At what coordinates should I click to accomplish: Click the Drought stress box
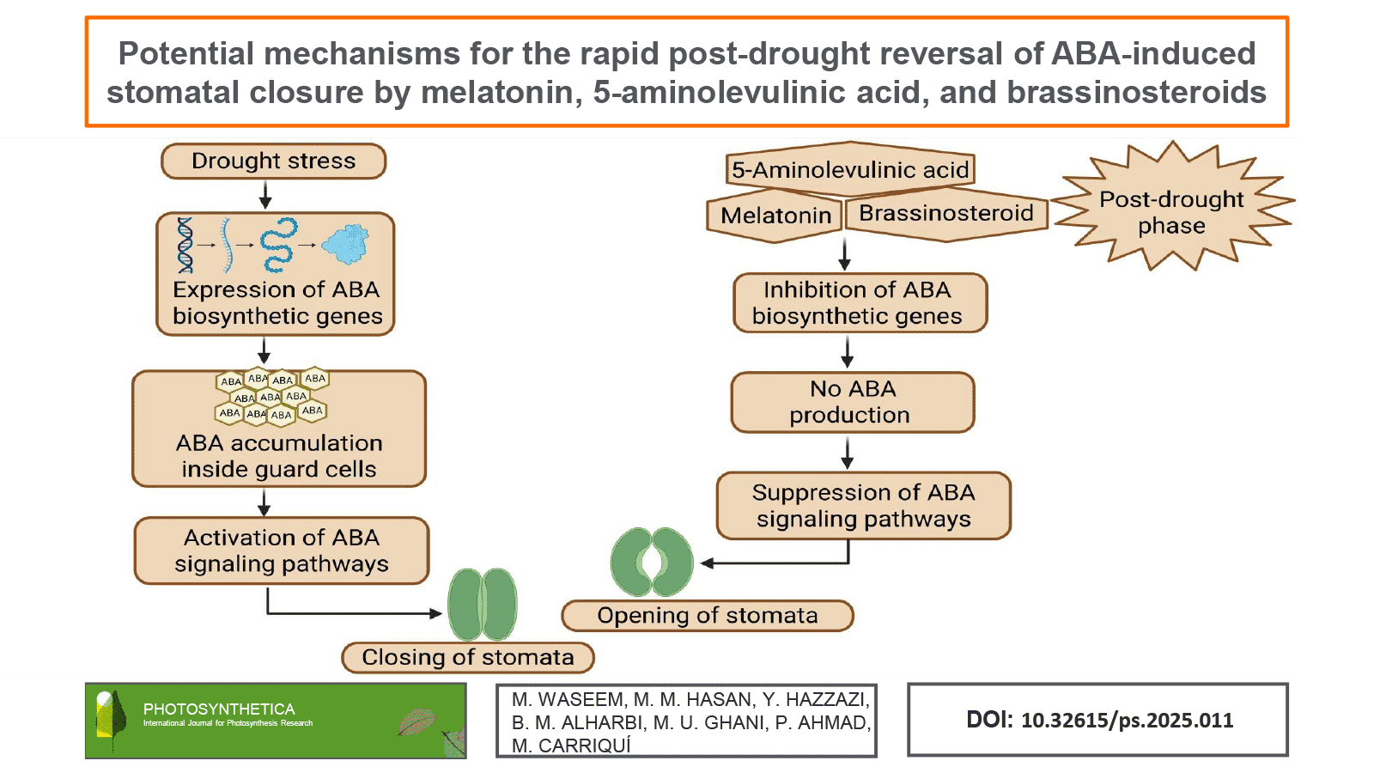273,161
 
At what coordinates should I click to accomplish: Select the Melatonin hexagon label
775,215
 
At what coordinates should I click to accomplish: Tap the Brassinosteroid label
945,213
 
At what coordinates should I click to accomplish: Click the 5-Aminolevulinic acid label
850,170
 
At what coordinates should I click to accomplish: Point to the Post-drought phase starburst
1171,211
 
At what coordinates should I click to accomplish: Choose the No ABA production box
852,402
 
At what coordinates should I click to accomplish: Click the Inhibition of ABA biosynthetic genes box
859,303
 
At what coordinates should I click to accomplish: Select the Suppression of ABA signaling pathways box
863,506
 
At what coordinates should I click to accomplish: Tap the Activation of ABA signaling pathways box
281,551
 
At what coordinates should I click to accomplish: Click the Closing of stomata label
467,658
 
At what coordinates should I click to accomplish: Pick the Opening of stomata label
707,616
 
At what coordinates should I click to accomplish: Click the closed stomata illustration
483,605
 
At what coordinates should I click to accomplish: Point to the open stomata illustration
652,563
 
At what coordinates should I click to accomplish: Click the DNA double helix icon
185,246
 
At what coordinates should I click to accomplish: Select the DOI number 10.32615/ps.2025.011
1127,721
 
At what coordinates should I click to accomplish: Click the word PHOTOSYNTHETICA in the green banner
219,709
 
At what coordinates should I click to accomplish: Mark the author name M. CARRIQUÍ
571,746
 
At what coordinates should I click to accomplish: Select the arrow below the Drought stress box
265,196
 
